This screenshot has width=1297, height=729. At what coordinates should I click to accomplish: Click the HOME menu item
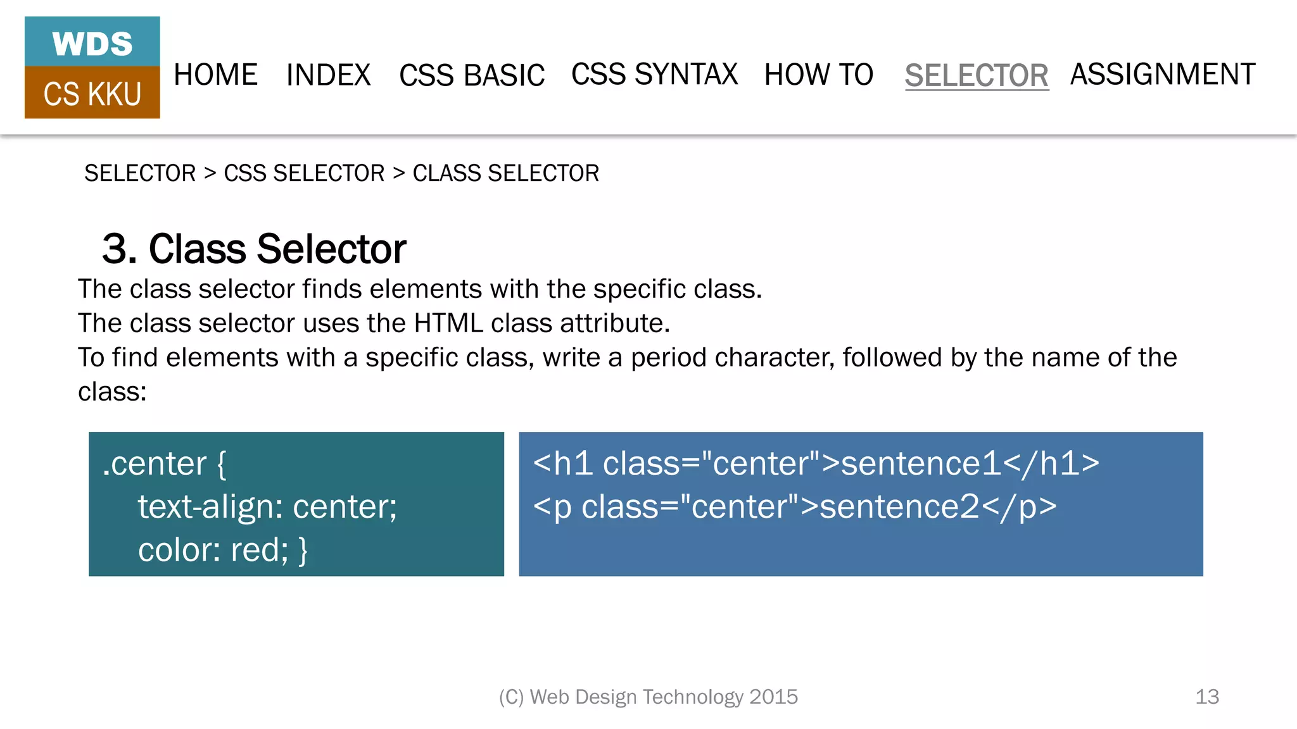pos(215,75)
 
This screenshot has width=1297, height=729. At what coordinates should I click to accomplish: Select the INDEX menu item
pos(328,75)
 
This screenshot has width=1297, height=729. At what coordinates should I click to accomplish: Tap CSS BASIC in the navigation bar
pos(472,75)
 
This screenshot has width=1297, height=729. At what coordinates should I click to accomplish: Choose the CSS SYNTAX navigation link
pos(654,75)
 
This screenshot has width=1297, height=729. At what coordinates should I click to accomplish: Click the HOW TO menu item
pos(819,75)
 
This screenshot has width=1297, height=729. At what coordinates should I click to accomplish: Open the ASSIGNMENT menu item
pos(1163,75)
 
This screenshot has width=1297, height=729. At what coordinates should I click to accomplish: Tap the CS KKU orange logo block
pos(92,94)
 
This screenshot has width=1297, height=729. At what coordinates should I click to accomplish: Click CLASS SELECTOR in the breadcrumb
pos(505,173)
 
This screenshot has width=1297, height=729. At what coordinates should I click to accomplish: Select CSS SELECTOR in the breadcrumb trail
pos(304,173)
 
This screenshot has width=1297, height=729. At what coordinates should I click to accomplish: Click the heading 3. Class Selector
pos(253,249)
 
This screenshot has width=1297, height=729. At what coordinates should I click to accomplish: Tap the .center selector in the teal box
pos(155,464)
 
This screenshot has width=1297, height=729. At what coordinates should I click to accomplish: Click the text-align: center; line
pos(267,507)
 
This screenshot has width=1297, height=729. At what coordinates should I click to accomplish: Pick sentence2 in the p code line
pos(899,507)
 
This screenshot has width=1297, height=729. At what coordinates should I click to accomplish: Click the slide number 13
pos(1206,697)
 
